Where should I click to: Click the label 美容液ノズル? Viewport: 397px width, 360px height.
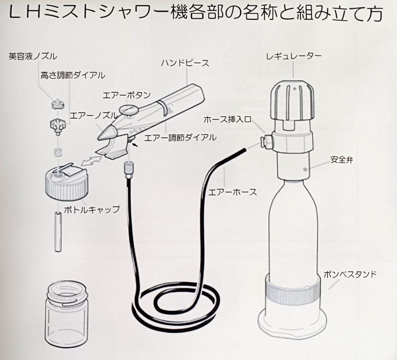tap(33, 56)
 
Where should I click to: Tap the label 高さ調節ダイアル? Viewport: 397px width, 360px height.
tap(73, 75)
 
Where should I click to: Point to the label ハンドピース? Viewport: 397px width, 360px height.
tap(185, 63)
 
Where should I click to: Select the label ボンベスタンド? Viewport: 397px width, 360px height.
tap(350, 274)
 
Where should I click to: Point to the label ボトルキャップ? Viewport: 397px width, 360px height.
tap(92, 209)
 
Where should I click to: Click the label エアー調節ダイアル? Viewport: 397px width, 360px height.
tap(180, 138)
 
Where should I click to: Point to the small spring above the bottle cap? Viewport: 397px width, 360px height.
tap(58, 151)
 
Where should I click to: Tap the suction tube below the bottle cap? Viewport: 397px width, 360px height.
tap(58, 231)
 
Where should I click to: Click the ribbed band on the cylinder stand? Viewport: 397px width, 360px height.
tap(293, 291)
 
